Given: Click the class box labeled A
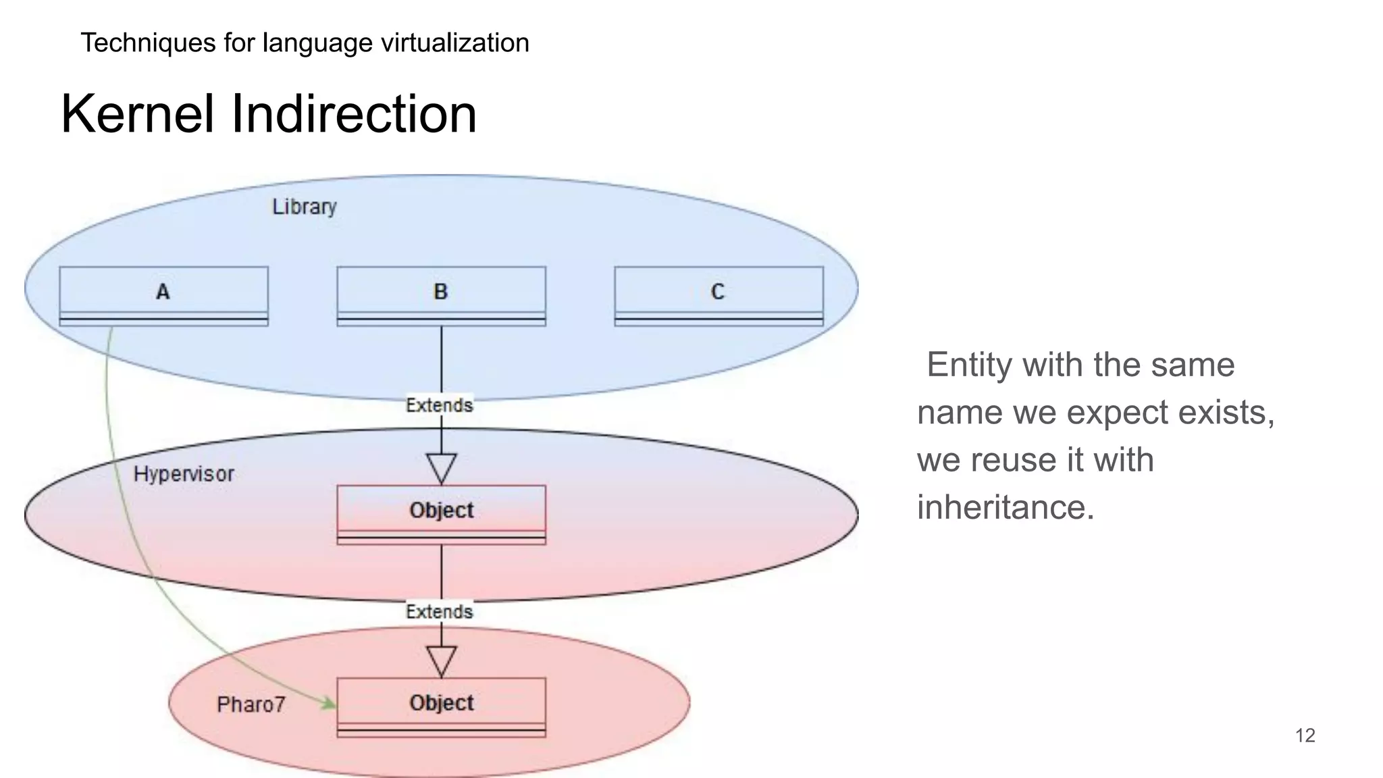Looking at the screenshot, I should coord(163,296).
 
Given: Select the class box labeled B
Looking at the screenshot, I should coord(441,296).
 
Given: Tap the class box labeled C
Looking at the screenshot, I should coord(719,296).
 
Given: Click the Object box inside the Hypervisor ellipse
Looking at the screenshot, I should coord(441,514).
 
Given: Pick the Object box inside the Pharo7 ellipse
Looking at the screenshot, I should coord(441,706).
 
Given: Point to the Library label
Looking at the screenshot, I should coord(304,207).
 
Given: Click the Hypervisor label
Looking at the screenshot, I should coord(184,474).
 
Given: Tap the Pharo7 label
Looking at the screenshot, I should coord(251,704).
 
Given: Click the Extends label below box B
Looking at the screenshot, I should coord(439,405).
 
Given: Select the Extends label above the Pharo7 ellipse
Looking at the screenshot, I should coord(439,612).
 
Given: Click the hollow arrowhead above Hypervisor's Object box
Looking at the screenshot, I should coord(441,467).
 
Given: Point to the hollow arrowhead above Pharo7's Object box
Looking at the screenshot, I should coord(441,660).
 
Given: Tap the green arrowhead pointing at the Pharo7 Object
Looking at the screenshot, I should coord(329,704).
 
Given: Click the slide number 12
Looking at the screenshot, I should coord(1305,735).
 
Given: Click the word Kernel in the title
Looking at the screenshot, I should coord(138,113).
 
